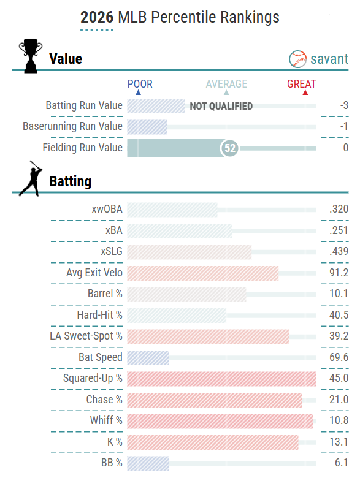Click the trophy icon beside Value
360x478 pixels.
pyautogui.click(x=31, y=56)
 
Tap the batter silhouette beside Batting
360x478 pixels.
pyautogui.click(x=31, y=179)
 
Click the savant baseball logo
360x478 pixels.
pyautogui.click(x=297, y=59)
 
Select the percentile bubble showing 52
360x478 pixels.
pyautogui.click(x=230, y=148)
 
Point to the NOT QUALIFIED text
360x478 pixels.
pyautogui.click(x=221, y=106)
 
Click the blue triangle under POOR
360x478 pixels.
pyautogui.click(x=138, y=92)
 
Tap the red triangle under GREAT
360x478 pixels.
pyautogui.click(x=305, y=92)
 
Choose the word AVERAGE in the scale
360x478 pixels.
pyautogui.click(x=226, y=84)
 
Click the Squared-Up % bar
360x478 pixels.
pyautogui.click(x=222, y=379)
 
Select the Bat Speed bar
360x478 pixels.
pyautogui.click(x=148, y=358)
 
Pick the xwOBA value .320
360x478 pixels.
pyautogui.click(x=339, y=209)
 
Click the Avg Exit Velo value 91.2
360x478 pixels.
pyautogui.click(x=339, y=273)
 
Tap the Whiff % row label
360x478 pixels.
pyautogui.click(x=106, y=420)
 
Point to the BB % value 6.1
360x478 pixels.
pyautogui.click(x=342, y=463)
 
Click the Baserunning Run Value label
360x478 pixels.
pyautogui.click(x=72, y=126)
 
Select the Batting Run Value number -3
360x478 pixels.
pyautogui.click(x=345, y=105)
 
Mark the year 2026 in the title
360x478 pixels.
pyautogui.click(x=97, y=17)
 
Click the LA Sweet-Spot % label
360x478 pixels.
pyautogui.click(x=86, y=336)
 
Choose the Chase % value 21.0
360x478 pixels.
pyautogui.click(x=339, y=400)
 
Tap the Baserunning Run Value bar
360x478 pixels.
pyautogui.click(x=147, y=127)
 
